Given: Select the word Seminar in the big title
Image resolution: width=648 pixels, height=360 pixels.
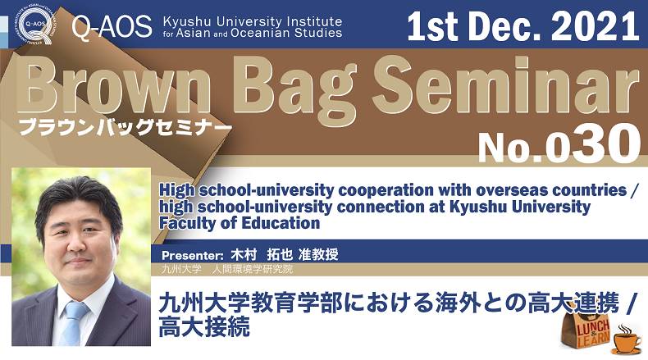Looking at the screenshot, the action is (507, 88).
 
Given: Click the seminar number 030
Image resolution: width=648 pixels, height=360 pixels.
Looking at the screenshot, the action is (594, 144).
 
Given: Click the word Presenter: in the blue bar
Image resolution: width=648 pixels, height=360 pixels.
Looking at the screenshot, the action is (192, 255).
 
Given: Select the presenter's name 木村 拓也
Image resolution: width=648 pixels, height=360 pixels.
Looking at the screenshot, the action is (261, 254).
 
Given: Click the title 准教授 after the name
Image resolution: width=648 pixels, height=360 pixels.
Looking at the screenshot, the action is (318, 254).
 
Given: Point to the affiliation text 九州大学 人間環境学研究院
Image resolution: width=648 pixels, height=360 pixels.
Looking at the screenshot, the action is (227, 269).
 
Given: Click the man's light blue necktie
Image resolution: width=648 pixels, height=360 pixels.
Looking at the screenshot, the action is (73, 323).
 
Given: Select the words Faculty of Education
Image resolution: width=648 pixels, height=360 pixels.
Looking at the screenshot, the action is (240, 223).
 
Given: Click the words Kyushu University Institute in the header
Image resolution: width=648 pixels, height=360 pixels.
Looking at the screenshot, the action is (253, 21).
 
